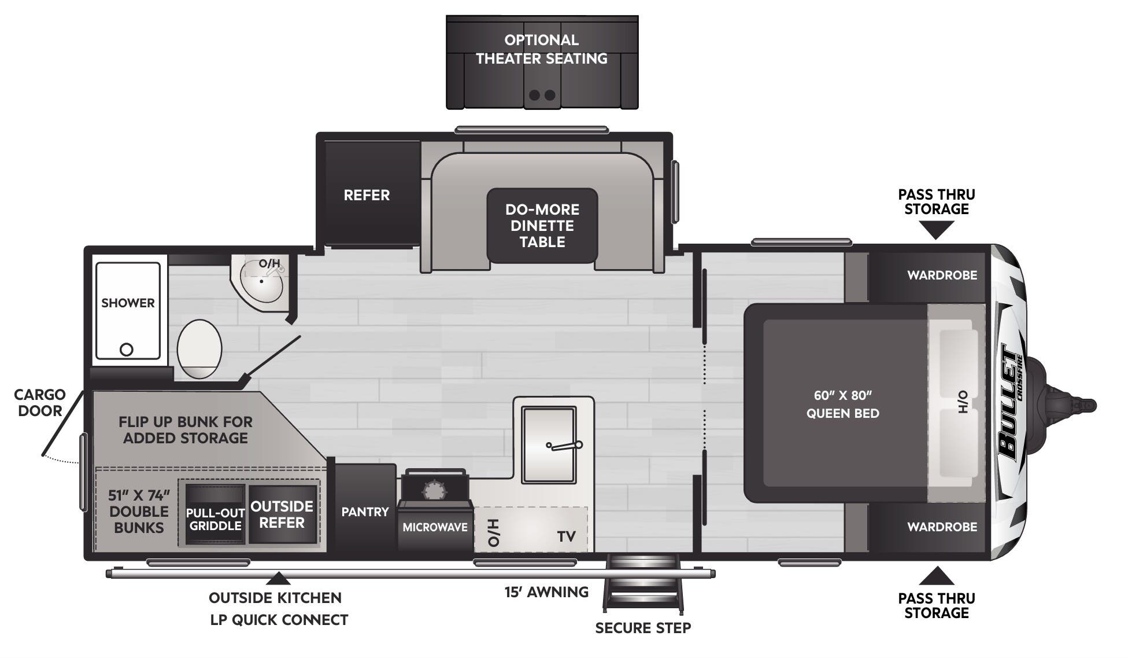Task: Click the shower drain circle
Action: pos(126,350)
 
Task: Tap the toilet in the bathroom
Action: pos(199,349)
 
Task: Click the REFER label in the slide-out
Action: pos(367,195)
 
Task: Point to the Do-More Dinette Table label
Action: pos(542,226)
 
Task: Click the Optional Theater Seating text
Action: pos(541,49)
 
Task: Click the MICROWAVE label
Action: pos(435,527)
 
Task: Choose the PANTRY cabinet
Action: pos(364,512)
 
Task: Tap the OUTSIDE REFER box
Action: pos(282,514)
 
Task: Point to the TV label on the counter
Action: pos(566,536)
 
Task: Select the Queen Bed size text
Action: pos(842,404)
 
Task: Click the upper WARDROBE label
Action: pos(942,275)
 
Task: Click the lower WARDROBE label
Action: pos(942,527)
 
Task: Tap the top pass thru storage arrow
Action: pos(936,231)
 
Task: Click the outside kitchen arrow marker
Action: pos(278,578)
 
